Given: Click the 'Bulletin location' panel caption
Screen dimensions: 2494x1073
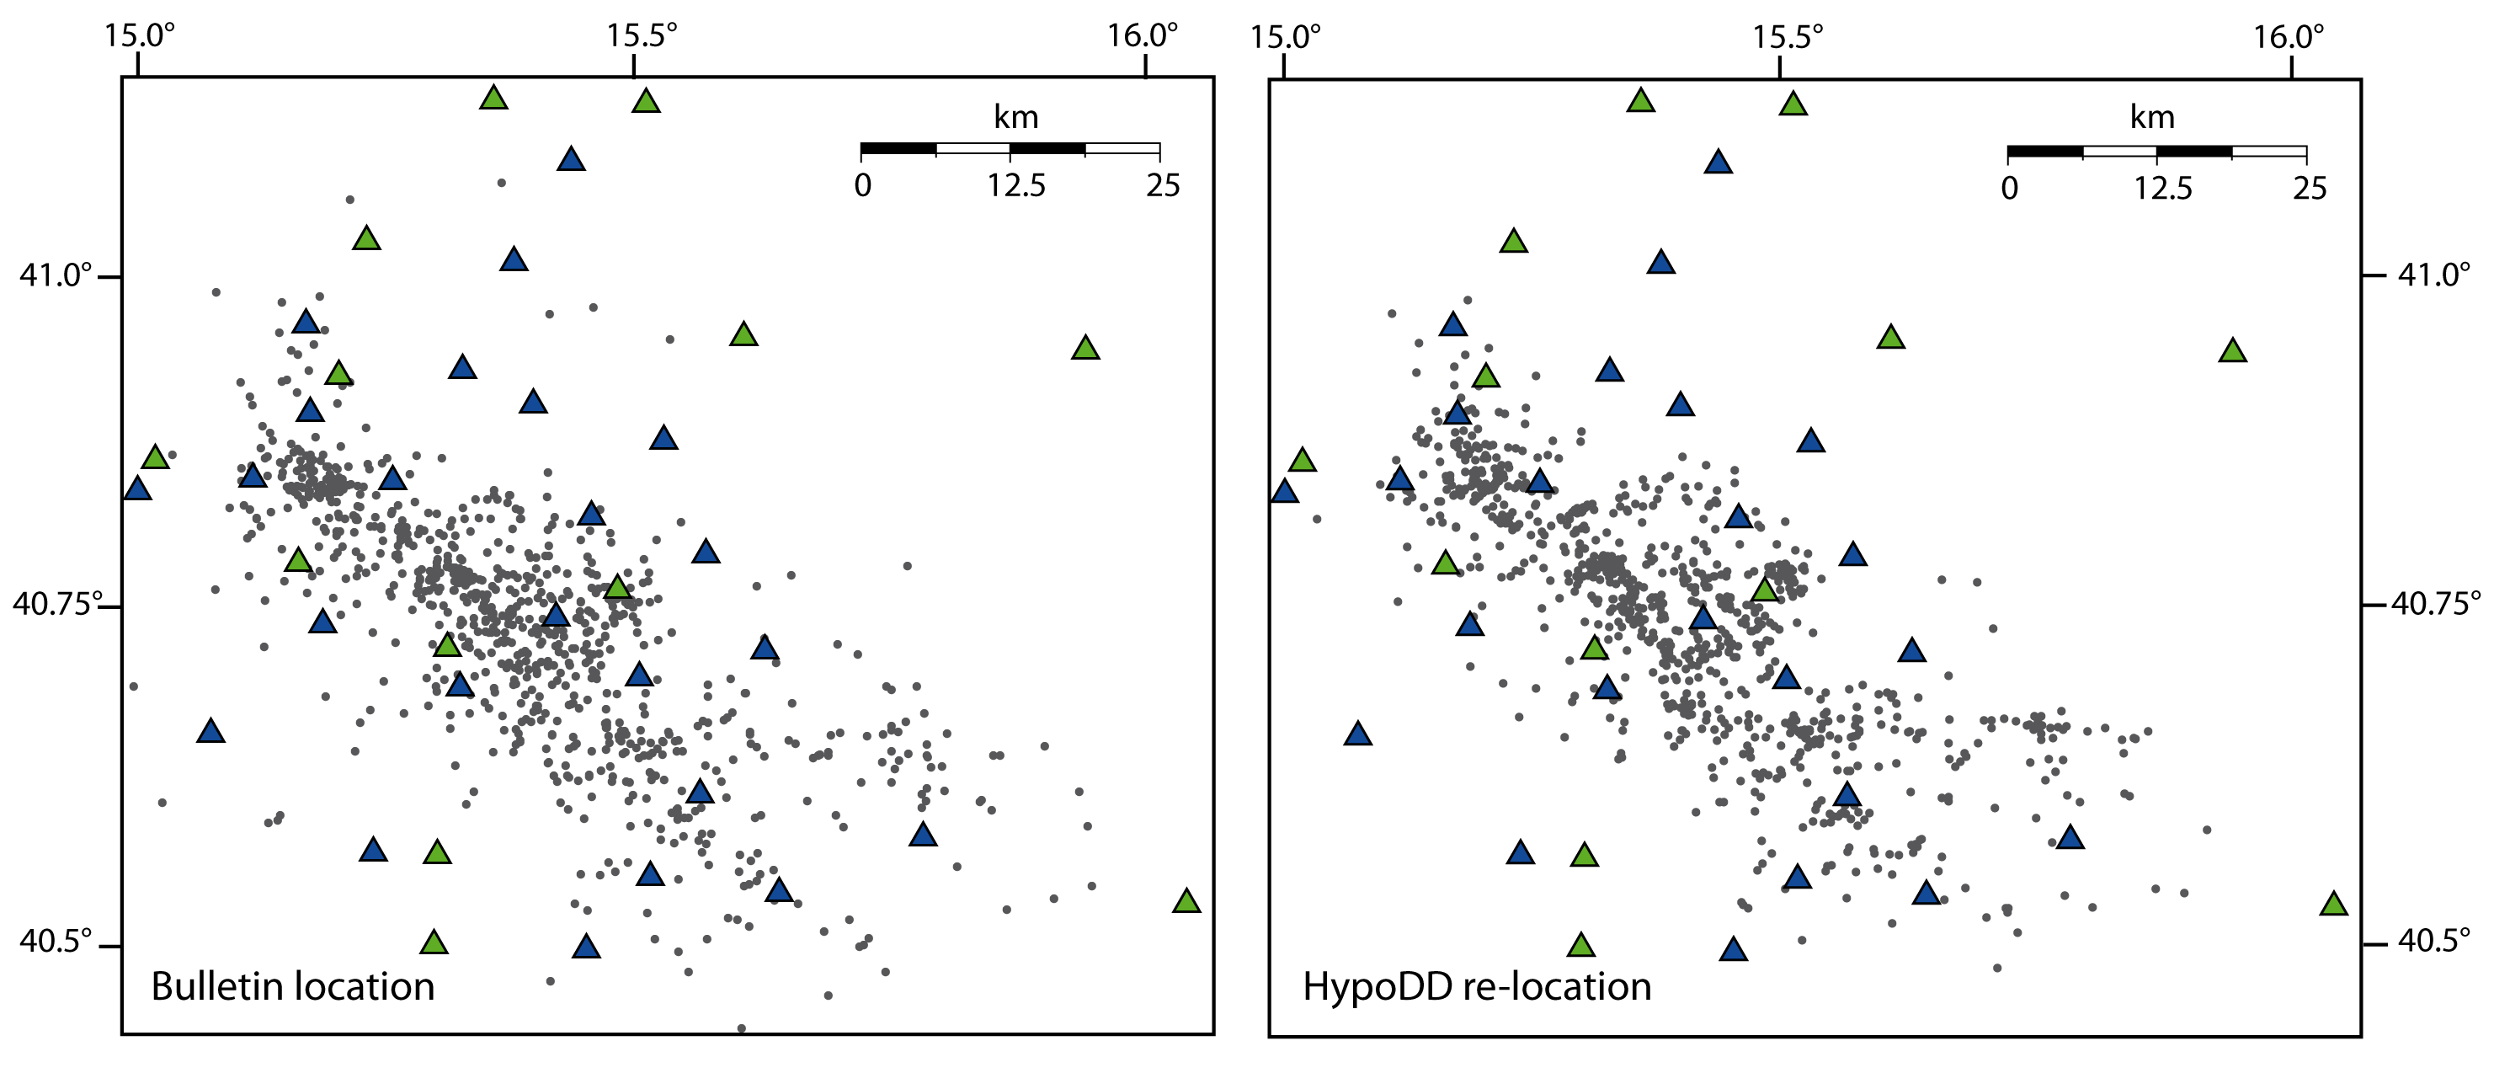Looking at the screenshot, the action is [292, 987].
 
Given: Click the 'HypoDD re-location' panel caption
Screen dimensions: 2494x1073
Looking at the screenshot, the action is [1477, 987].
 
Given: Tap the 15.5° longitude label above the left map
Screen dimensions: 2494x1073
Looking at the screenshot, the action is [641, 36].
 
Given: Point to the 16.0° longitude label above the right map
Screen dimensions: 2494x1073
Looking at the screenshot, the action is [2288, 37].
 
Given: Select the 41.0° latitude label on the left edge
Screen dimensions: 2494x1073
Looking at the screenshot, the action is [56, 275].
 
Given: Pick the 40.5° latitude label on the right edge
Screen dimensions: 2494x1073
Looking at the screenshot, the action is [2434, 940].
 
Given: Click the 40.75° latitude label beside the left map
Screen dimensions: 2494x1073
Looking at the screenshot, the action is [57, 604].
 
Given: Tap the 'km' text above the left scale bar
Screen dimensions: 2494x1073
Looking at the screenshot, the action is [1015, 117].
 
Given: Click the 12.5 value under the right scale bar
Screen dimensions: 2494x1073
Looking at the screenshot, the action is [2163, 188].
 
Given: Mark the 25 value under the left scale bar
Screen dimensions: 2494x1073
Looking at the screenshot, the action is [1163, 185].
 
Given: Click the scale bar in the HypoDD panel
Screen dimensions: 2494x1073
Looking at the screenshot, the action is [2157, 152].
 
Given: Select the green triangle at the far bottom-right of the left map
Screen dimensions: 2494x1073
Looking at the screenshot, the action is [1187, 900].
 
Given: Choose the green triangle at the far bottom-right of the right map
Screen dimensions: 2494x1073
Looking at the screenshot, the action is [2334, 904].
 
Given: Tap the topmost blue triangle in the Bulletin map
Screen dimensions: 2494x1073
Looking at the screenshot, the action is [571, 159].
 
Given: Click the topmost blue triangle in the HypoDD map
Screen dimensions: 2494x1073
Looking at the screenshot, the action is [1719, 162].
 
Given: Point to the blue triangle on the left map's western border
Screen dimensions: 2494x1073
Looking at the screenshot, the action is [137, 488].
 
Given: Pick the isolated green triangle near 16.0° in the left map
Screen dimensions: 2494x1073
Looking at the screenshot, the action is [1085, 348].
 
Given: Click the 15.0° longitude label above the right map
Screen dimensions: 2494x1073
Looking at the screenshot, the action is [1285, 37].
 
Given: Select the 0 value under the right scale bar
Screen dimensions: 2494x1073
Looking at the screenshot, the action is [2010, 188].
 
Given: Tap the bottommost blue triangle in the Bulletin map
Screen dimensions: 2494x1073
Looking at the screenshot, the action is [586, 946].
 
